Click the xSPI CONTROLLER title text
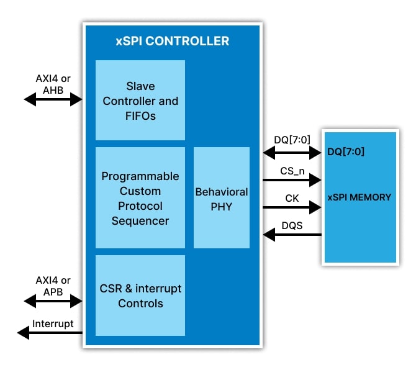point(172,42)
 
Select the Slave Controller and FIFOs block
point(140,101)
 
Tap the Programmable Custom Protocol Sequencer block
point(140,198)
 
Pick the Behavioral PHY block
point(222,198)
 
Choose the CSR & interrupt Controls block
point(140,296)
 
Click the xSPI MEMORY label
point(359,197)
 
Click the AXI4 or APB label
point(53,286)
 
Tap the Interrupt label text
point(53,323)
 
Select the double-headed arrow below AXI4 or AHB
point(53,99)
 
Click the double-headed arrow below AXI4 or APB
point(53,301)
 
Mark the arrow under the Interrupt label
point(50,333)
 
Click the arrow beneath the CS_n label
point(292,181)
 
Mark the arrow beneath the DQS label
point(292,235)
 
